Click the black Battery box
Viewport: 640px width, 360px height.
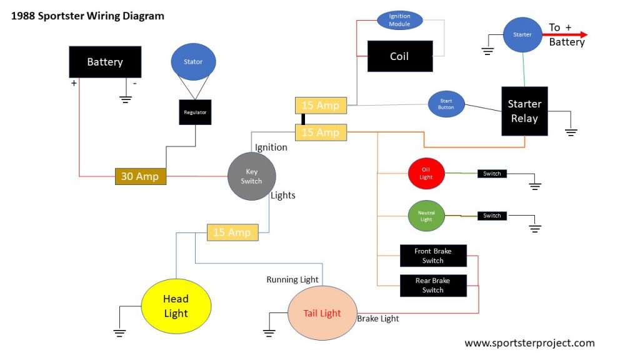(104, 62)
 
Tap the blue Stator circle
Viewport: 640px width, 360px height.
(193, 62)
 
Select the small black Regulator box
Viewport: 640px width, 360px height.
(195, 112)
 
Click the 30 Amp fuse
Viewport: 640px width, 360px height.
(140, 176)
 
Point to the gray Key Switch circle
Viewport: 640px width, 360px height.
(251, 176)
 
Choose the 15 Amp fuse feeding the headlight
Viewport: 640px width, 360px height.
(232, 232)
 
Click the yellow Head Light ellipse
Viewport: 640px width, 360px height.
(176, 306)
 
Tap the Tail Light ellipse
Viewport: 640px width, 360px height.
(322, 313)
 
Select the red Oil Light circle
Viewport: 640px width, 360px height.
(426, 174)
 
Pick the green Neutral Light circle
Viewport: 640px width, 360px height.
(426, 216)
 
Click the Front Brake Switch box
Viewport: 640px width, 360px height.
(433, 256)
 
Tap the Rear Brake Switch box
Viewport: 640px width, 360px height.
(433, 285)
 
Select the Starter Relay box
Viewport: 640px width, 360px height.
(524, 111)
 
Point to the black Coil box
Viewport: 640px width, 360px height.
(399, 56)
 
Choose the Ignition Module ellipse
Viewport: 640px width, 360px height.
(399, 20)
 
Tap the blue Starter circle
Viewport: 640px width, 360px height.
(522, 35)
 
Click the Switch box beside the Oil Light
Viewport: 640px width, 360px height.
(492, 174)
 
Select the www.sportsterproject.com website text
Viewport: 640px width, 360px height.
(529, 342)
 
